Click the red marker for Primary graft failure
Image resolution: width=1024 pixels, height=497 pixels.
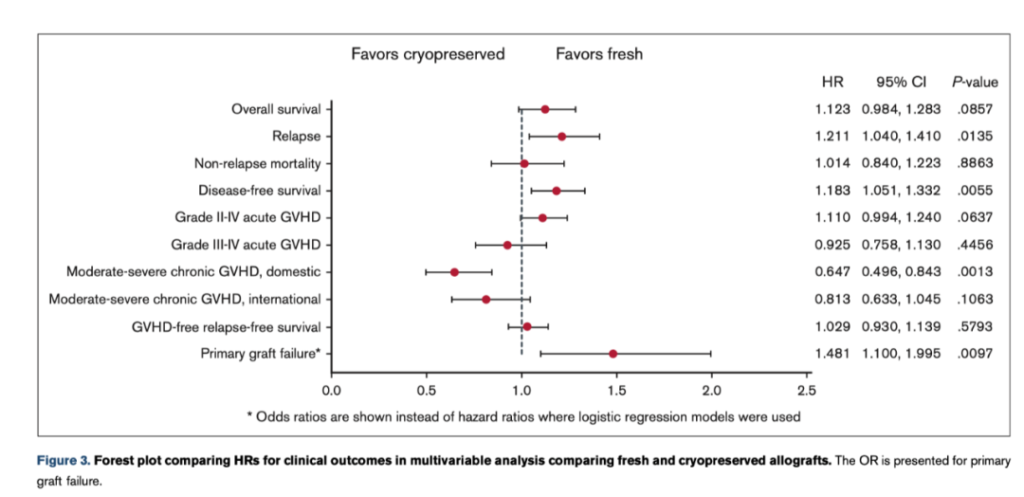pyautogui.click(x=613, y=354)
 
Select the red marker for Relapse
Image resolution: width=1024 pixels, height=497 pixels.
pyautogui.click(x=561, y=137)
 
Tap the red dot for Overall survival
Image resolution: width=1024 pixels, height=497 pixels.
pyautogui.click(x=545, y=109)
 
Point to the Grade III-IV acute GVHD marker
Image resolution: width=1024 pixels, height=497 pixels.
pyautogui.click(x=507, y=245)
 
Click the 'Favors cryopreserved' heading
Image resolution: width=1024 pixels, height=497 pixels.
pyautogui.click(x=428, y=54)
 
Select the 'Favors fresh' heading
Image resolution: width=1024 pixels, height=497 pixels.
pyautogui.click(x=598, y=54)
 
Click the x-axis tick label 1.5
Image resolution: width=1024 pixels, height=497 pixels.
pyautogui.click(x=616, y=389)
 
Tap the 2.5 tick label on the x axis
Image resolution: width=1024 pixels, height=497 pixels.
pyautogui.click(x=806, y=389)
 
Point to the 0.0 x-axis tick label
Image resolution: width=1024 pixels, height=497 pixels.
pyautogui.click(x=332, y=389)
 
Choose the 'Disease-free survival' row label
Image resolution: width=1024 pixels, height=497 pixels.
pyautogui.click(x=257, y=191)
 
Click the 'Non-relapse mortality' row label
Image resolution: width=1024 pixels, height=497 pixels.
pyautogui.click(x=257, y=163)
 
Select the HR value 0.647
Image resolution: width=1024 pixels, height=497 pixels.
pyautogui.click(x=833, y=272)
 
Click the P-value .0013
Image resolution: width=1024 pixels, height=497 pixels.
pyautogui.click(x=975, y=272)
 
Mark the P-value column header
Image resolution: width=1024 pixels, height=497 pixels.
pyautogui.click(x=975, y=83)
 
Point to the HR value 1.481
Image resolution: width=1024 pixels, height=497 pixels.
pyautogui.click(x=833, y=354)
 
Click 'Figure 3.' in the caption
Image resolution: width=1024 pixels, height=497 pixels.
pyautogui.click(x=63, y=460)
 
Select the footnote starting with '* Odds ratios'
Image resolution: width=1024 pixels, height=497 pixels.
pyautogui.click(x=522, y=416)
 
